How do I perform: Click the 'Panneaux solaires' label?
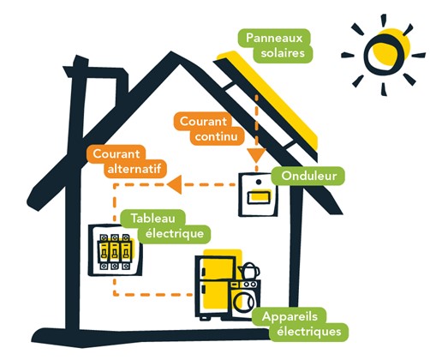point(275,45)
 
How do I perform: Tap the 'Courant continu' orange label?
point(209,129)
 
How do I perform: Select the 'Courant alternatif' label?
point(127,161)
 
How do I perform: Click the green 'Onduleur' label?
point(308,176)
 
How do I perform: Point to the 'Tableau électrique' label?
point(165,226)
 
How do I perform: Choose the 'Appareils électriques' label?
point(300,324)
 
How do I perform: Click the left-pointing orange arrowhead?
point(174,184)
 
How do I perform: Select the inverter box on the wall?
point(258,195)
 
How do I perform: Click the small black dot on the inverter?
point(259,182)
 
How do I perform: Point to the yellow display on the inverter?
point(260,196)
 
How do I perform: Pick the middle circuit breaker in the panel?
point(115,252)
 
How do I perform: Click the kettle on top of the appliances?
point(249,271)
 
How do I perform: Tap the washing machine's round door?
point(244,301)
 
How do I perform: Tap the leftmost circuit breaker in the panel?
point(104,252)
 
